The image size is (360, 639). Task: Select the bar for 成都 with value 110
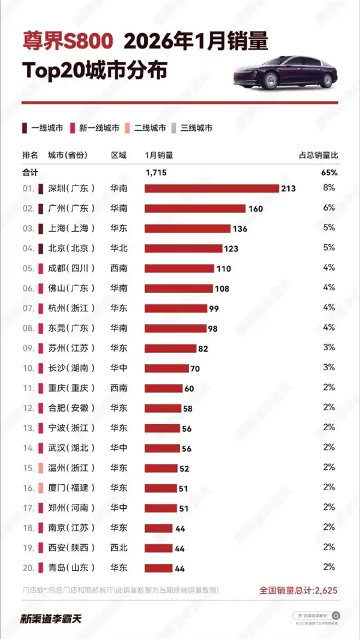click(x=179, y=268)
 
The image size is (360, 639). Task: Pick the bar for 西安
click(x=158, y=548)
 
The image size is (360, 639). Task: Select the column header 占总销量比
click(x=318, y=155)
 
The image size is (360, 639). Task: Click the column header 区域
click(x=119, y=155)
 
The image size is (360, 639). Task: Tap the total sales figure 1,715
click(x=156, y=173)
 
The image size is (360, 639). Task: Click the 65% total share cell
click(x=329, y=173)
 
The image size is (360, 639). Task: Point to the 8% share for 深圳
click(x=329, y=188)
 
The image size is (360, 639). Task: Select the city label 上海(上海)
click(x=71, y=229)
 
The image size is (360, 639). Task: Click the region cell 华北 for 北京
click(x=119, y=248)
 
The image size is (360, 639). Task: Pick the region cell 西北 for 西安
click(x=119, y=548)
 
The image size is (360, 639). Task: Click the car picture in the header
click(x=284, y=72)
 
